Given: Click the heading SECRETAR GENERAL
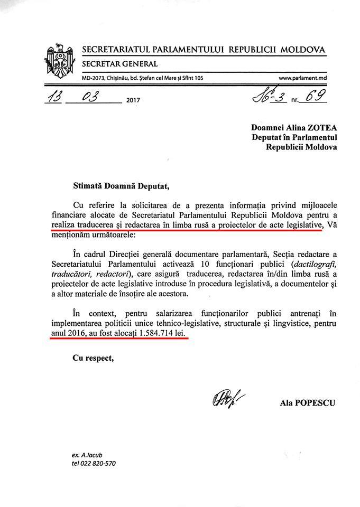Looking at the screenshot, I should point(119,64).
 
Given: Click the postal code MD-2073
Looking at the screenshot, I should point(94,78).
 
